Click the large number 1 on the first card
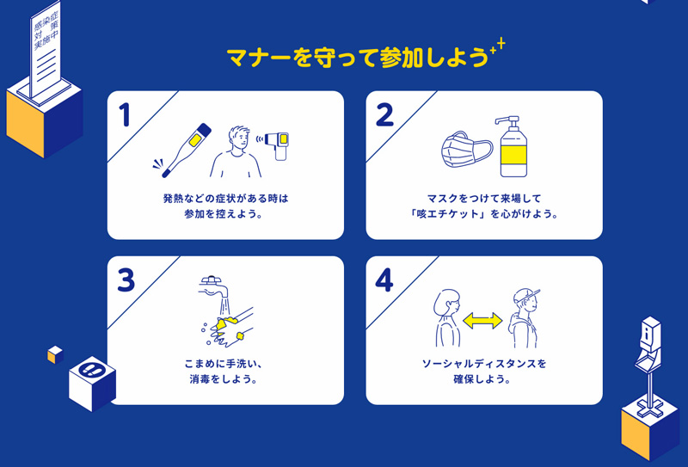pos(125,115)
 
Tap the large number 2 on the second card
pos(384,115)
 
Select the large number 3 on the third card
pos(126,280)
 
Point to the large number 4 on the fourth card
pos(384,280)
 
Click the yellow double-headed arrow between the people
pos(482,321)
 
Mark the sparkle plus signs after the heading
pos(497,47)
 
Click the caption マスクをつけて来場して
pos(484,198)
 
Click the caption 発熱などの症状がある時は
pos(225,198)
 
